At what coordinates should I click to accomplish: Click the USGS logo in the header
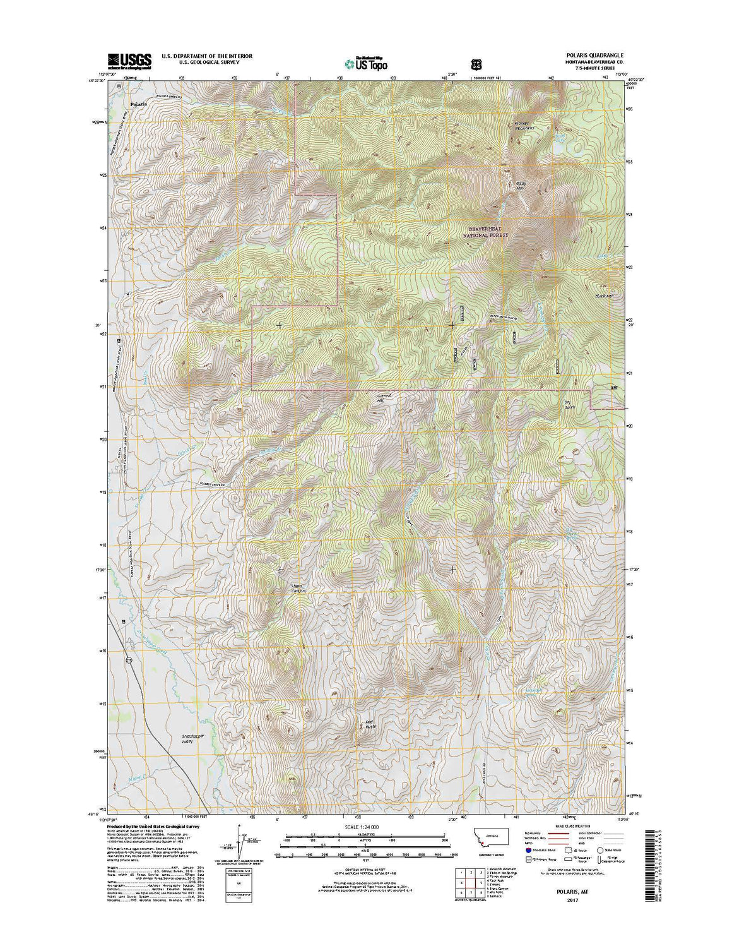point(130,60)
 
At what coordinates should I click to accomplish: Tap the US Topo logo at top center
point(366,63)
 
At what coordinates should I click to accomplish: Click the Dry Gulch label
point(571,404)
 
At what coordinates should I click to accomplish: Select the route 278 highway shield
point(129,661)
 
